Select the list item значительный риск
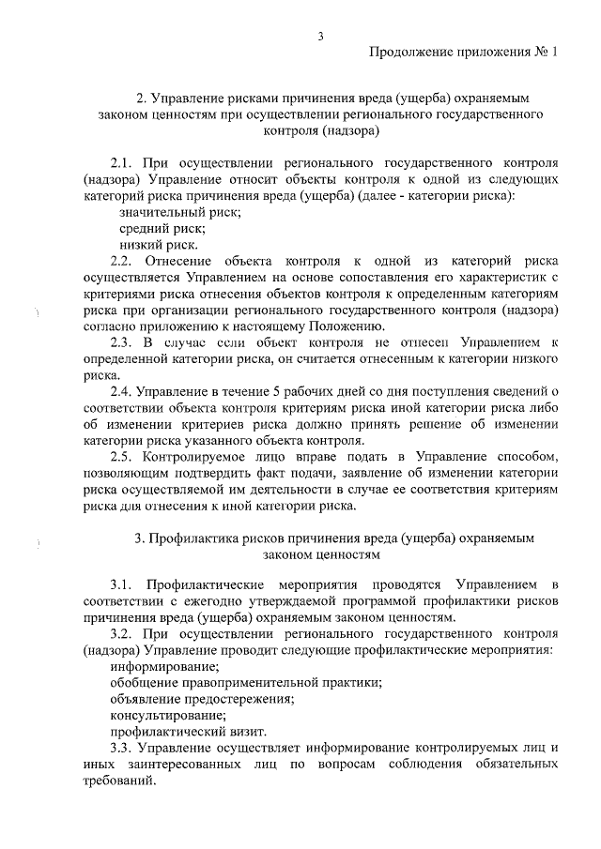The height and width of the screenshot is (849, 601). pos(175,213)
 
